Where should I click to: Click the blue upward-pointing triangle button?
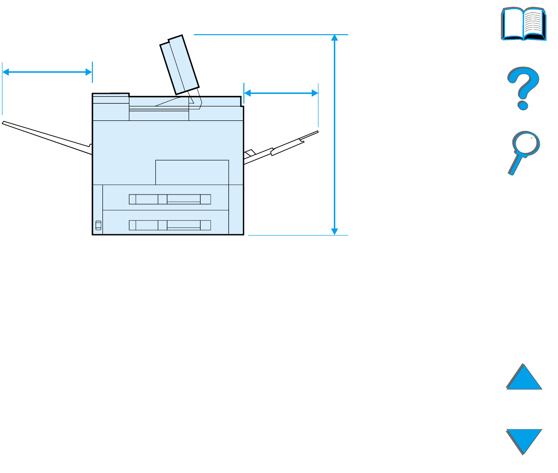(x=524, y=378)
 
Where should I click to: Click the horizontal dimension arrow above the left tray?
(x=47, y=72)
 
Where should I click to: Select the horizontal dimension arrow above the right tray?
(x=281, y=93)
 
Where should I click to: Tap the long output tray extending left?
(x=46, y=137)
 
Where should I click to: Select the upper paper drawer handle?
(x=170, y=199)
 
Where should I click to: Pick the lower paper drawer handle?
(x=170, y=224)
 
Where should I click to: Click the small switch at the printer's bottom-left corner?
(x=99, y=225)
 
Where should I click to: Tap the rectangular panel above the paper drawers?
(x=192, y=172)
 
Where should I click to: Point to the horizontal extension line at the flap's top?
(x=269, y=35)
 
